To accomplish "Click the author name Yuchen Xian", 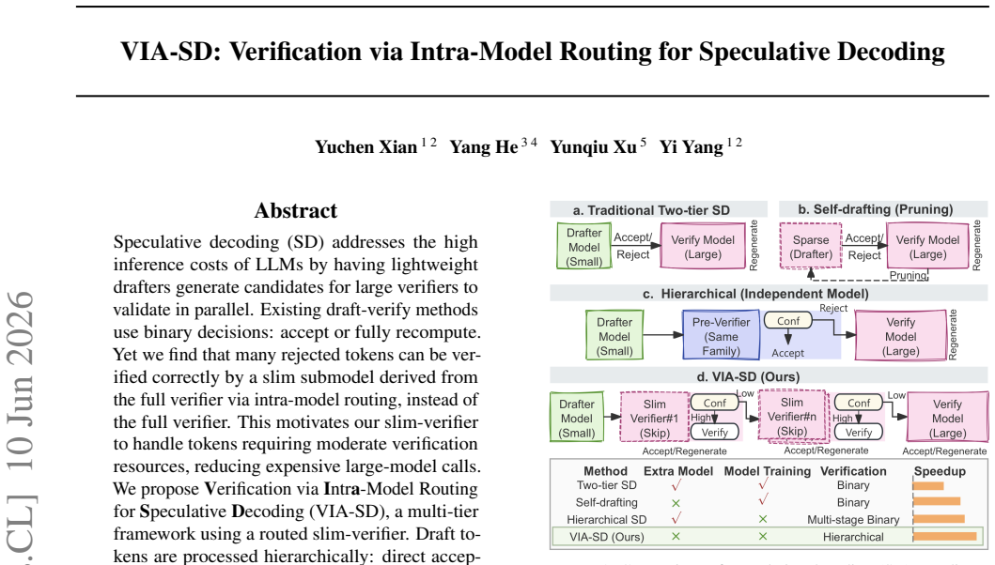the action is click(366, 147).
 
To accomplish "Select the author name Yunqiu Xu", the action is click(593, 147).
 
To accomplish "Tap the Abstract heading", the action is click(296, 210).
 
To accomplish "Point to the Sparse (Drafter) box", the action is click(810, 247).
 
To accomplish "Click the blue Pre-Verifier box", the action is click(721, 335).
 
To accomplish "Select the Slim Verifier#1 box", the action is click(654, 418).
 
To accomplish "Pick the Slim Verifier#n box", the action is click(792, 416).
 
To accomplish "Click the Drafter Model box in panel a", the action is click(583, 246).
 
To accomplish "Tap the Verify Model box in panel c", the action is click(900, 336).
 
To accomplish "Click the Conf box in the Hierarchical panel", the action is click(788, 321).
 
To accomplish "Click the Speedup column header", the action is click(940, 471).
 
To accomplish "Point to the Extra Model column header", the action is click(678, 471).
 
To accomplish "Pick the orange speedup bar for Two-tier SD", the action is click(928, 486).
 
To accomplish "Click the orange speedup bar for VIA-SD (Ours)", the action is click(945, 537).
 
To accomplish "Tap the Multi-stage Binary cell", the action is click(853, 520).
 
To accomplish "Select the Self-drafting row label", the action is click(606, 503).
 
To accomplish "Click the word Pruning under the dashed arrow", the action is click(908, 275).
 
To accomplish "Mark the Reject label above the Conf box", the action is click(833, 308).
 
